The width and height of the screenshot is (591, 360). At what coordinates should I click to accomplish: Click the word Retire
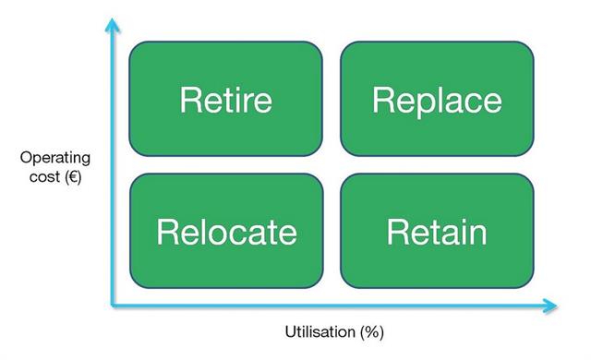click(225, 99)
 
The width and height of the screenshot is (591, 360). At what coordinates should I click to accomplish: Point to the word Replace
click(437, 100)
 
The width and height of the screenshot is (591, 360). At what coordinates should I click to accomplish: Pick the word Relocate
click(226, 231)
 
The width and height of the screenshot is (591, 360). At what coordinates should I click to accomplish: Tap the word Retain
click(437, 231)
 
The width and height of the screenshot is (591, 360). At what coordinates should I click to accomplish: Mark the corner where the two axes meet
click(113, 304)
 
